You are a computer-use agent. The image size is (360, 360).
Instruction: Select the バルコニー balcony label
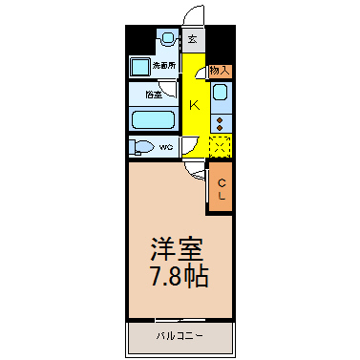pos(179,335)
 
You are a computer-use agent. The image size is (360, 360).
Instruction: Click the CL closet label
pos(221,190)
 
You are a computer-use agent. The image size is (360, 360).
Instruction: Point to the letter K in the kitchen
pos(194,104)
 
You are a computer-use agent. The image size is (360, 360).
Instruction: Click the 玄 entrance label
pos(193,39)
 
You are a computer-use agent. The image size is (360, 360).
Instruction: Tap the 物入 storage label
pos(220,71)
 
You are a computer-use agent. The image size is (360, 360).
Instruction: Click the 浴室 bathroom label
pos(152,95)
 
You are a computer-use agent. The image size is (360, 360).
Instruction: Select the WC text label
pos(165,147)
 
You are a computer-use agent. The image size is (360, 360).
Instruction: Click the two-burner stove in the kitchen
pos(221,123)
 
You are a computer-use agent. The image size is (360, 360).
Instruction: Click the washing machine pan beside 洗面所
pos(140,67)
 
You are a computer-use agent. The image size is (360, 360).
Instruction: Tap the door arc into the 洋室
pos(194,169)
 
